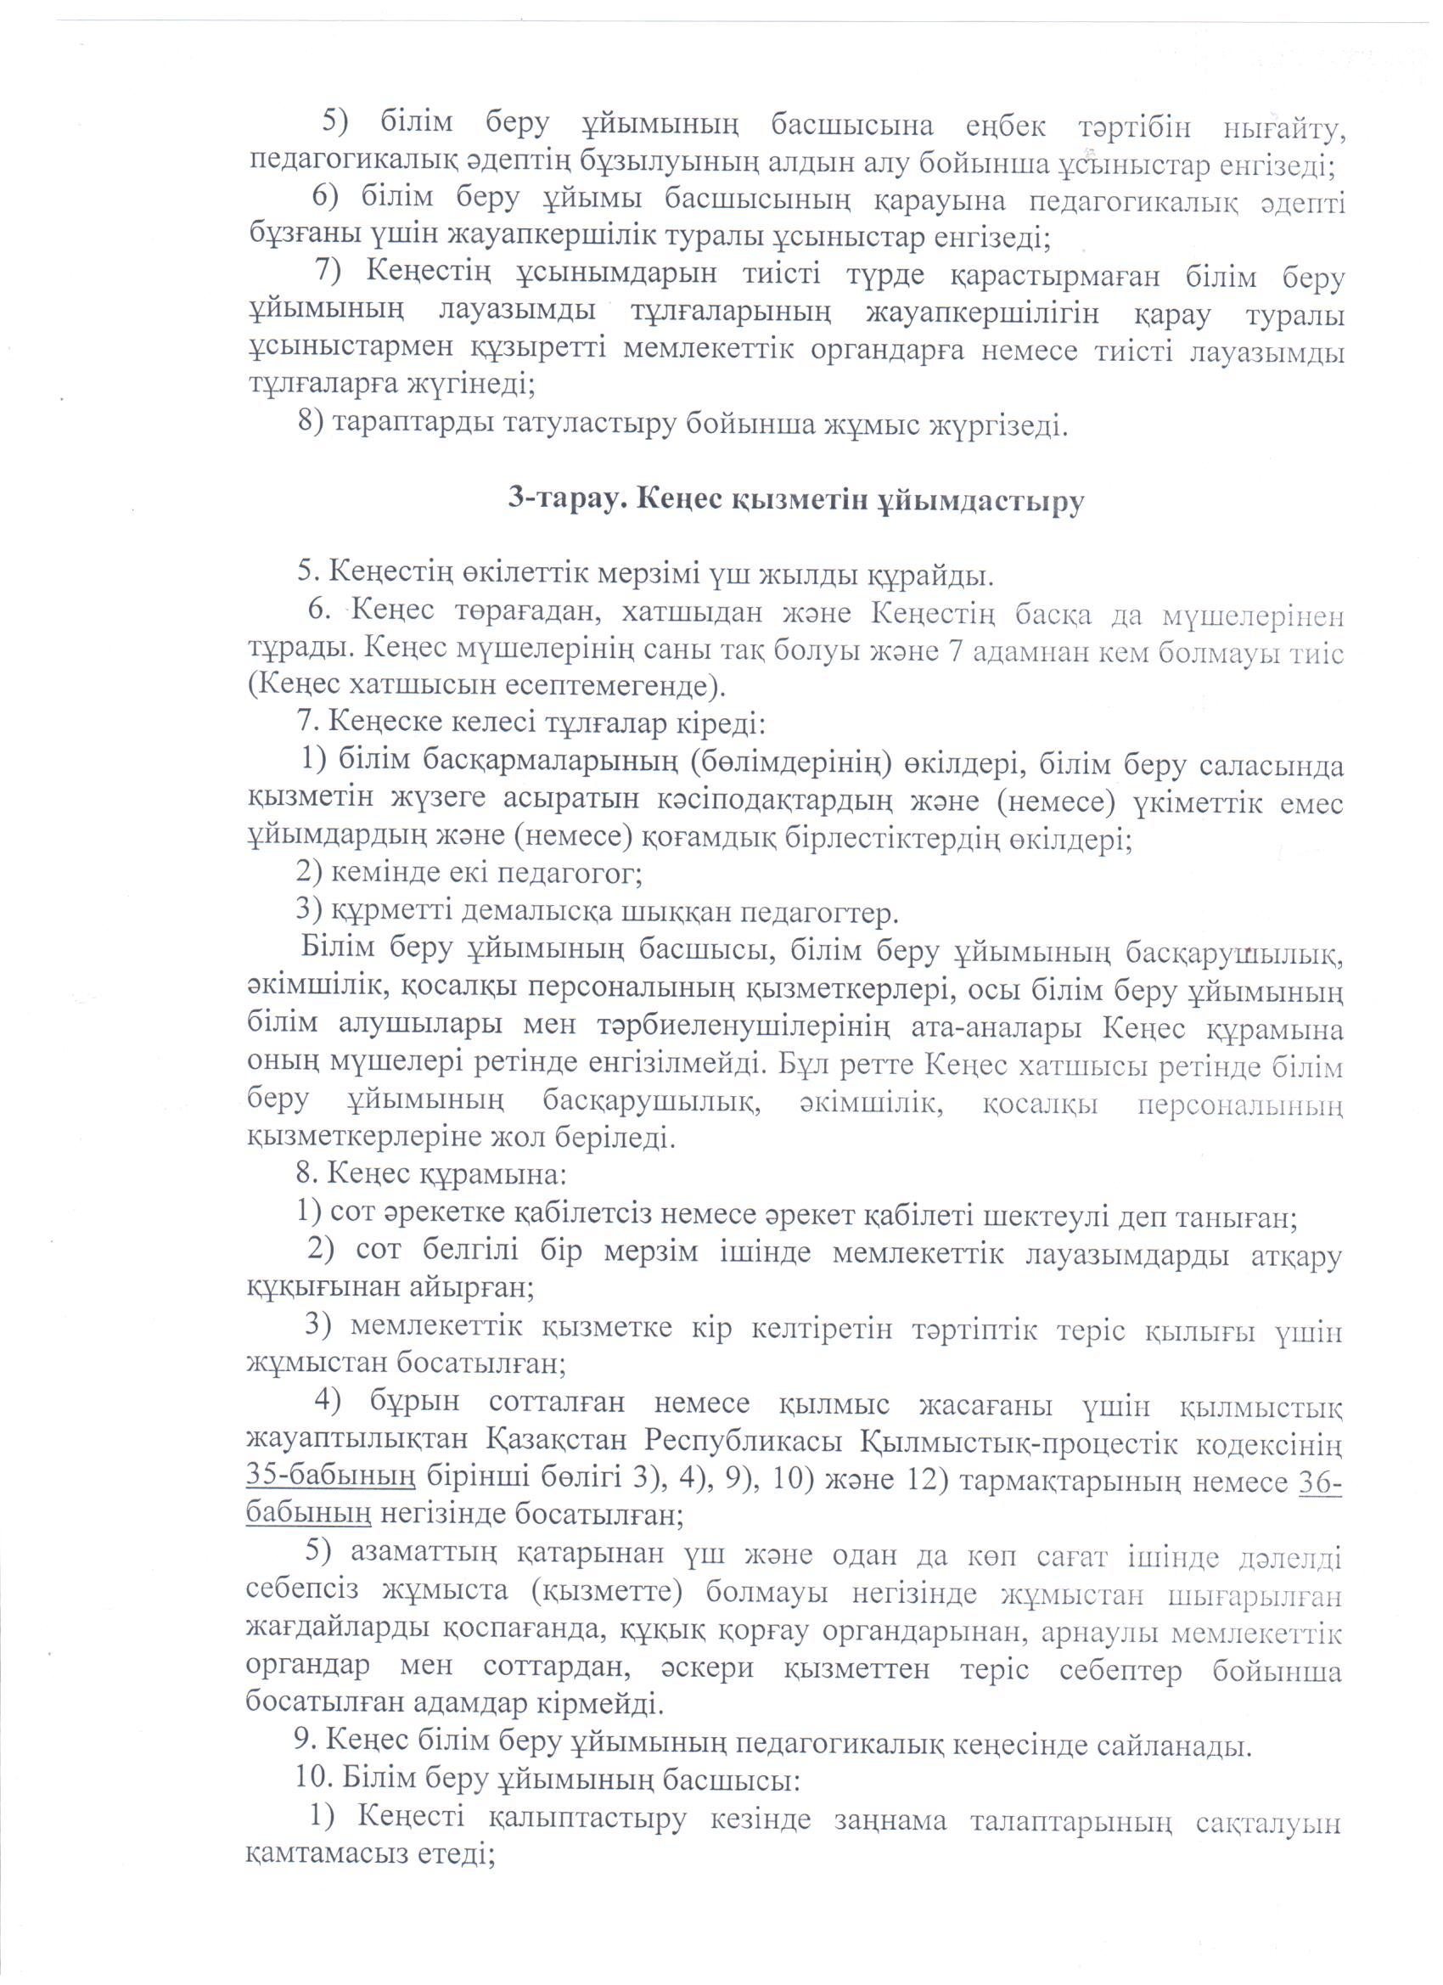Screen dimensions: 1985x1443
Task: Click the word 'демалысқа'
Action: click(531, 913)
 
